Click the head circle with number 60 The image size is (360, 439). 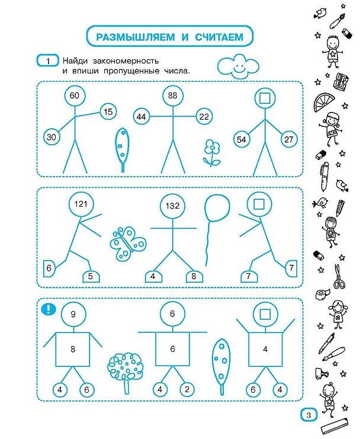(x=75, y=96)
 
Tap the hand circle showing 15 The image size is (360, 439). (x=108, y=112)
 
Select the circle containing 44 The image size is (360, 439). (x=142, y=117)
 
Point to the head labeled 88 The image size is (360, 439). (x=173, y=96)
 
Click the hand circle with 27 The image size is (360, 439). (x=289, y=139)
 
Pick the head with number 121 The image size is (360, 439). (x=81, y=204)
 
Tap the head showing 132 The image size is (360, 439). (x=172, y=206)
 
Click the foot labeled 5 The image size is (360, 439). (x=91, y=276)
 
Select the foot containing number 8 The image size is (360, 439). (x=194, y=276)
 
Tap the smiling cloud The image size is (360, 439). (x=238, y=66)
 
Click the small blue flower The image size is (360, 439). (x=212, y=153)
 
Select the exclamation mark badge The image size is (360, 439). (x=49, y=309)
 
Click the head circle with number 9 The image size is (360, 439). (x=73, y=315)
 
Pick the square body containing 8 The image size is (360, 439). (x=73, y=350)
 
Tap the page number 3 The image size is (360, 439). (x=309, y=415)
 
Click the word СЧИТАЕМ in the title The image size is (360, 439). (x=219, y=37)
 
